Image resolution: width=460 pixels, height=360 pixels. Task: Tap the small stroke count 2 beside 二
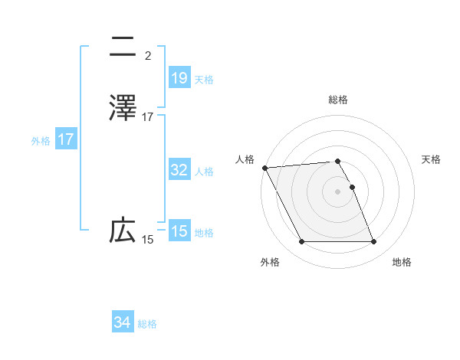[148, 56]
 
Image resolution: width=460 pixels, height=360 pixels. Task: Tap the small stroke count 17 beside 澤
[148, 117]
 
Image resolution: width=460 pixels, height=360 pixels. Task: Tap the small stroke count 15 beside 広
[148, 240]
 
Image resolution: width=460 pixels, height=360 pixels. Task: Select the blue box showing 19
[179, 78]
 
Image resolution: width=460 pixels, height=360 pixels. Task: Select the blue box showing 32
[179, 170]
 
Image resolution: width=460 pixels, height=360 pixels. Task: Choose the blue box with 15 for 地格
[179, 231]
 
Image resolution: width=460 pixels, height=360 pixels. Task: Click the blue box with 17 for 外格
[66, 140]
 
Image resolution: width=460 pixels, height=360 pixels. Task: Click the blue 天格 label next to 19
[204, 79]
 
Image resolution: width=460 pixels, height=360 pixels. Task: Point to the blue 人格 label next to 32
[204, 172]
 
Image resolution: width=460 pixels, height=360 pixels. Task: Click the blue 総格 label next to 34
[147, 324]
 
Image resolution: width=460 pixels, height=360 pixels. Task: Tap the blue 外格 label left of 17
[41, 141]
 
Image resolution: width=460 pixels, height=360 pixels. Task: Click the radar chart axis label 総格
[338, 100]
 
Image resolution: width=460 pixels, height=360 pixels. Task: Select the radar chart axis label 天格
[432, 159]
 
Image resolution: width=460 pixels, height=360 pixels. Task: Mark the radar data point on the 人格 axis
[264, 168]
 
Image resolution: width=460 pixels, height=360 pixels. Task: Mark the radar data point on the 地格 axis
[374, 242]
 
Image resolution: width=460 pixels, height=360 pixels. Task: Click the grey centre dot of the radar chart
[338, 191]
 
